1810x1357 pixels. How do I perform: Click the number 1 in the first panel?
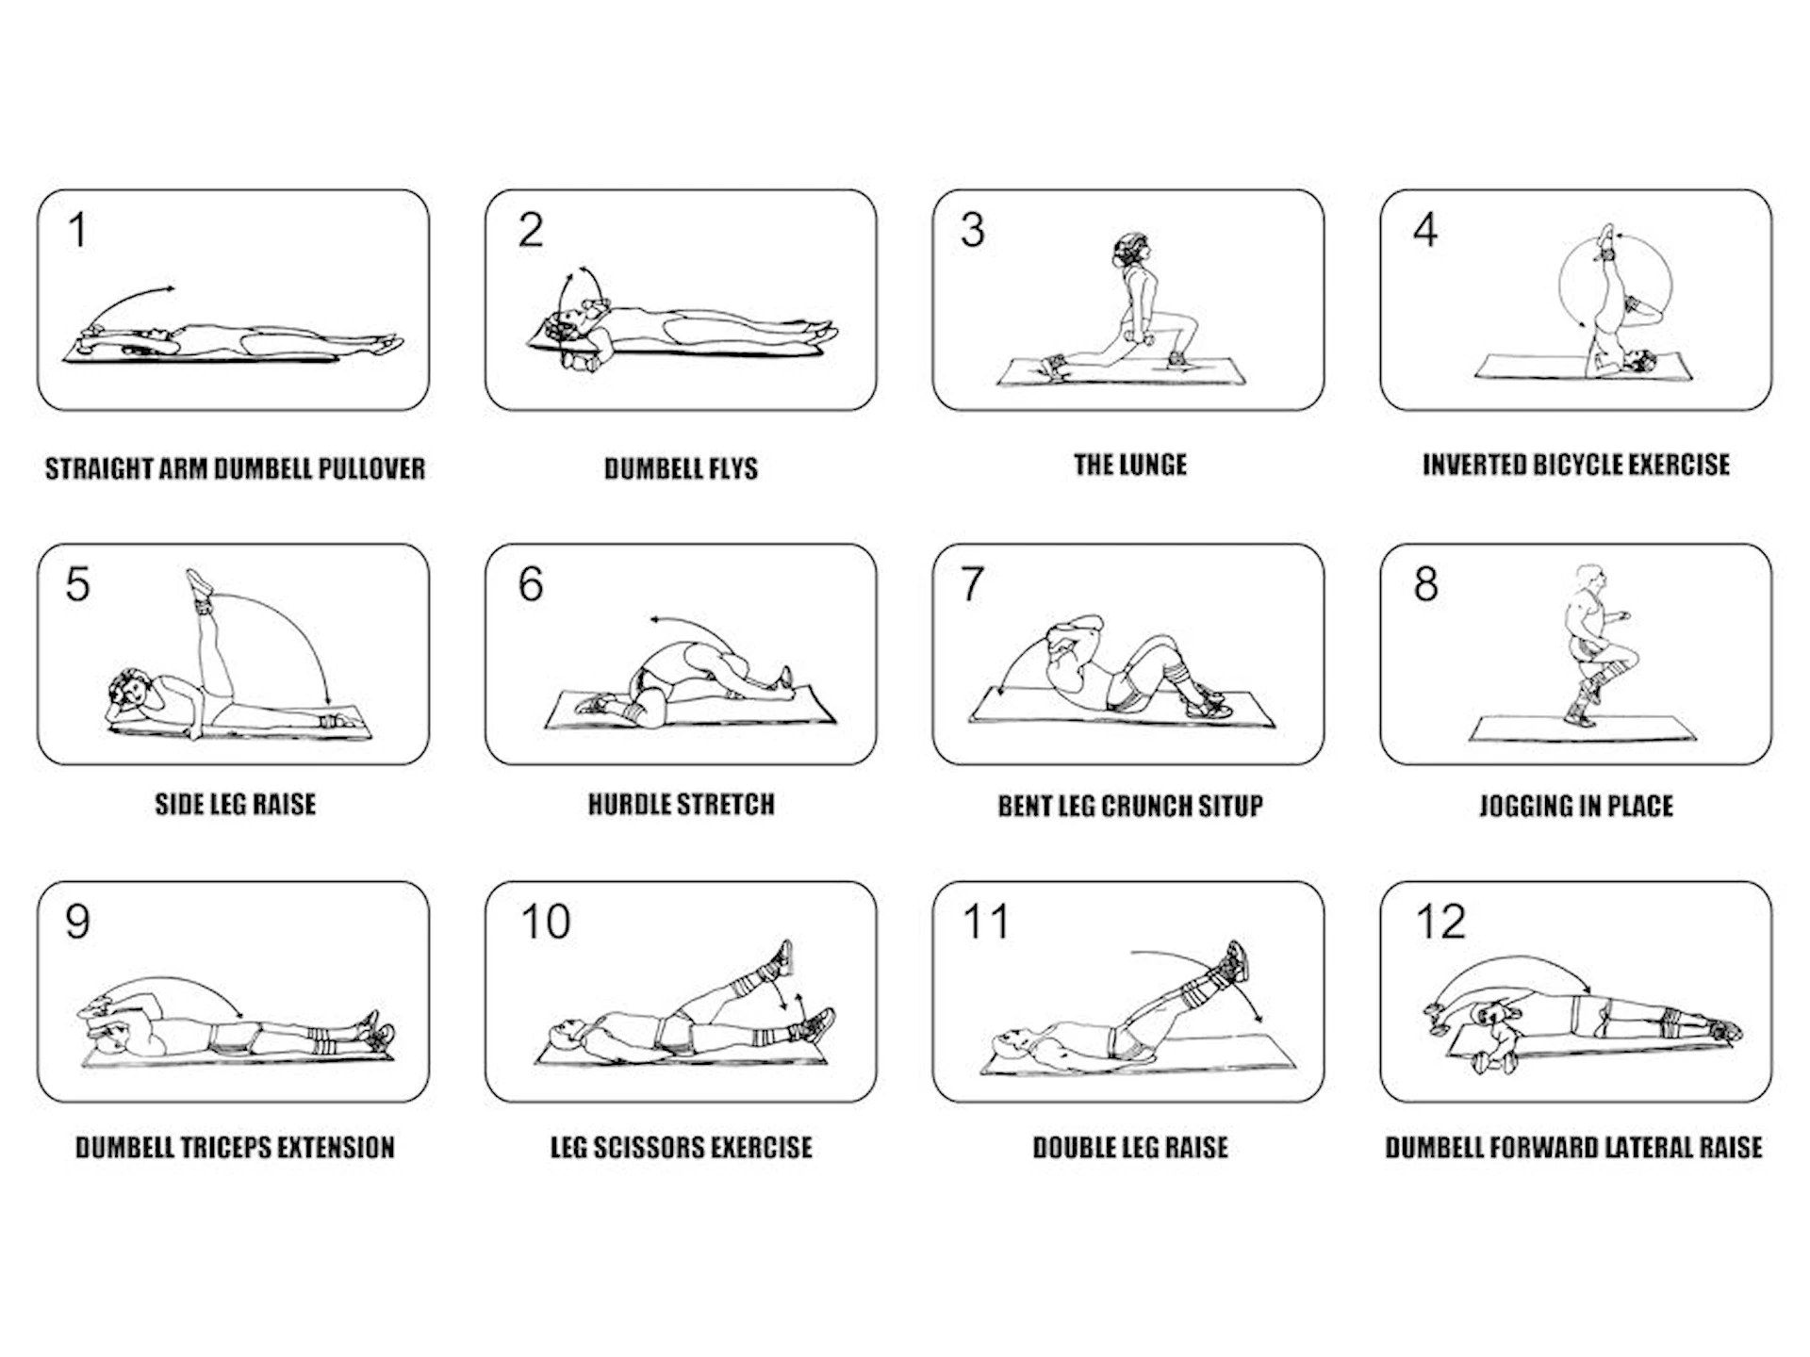tap(77, 230)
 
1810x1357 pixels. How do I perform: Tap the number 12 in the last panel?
tap(1440, 922)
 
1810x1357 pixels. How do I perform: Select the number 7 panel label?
tap(973, 584)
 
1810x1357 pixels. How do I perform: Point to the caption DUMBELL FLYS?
tap(681, 468)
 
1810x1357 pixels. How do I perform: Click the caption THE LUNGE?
tap(1129, 465)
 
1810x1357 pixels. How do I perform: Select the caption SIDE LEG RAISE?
tap(235, 805)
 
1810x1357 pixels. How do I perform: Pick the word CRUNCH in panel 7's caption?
tap(1146, 807)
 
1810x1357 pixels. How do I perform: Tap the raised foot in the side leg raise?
tap(200, 582)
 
